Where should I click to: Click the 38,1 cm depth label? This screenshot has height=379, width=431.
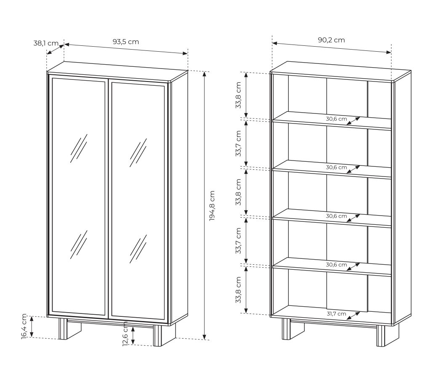click(x=46, y=43)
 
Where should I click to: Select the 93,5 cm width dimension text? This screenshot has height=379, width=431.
click(x=125, y=42)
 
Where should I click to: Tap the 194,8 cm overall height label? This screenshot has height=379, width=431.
click(x=212, y=206)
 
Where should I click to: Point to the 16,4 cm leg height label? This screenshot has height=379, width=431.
click(x=24, y=326)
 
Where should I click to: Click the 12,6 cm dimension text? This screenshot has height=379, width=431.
click(x=125, y=334)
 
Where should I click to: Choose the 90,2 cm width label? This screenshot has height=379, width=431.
click(x=331, y=40)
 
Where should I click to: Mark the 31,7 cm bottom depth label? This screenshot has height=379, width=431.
click(x=336, y=314)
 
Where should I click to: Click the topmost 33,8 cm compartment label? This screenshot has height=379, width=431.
click(x=238, y=95)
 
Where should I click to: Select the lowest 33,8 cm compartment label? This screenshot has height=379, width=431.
click(x=238, y=290)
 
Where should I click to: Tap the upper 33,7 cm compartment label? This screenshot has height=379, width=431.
click(x=238, y=144)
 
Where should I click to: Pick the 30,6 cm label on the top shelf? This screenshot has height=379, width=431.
click(x=336, y=119)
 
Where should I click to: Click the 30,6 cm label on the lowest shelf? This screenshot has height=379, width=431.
click(x=336, y=265)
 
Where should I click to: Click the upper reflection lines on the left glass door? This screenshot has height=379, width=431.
click(x=79, y=148)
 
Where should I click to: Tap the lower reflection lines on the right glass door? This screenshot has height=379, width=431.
click(x=138, y=249)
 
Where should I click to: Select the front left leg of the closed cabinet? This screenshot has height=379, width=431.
click(x=63, y=329)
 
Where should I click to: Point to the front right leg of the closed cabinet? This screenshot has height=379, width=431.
click(x=158, y=336)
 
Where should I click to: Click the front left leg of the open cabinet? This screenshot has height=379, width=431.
click(x=286, y=329)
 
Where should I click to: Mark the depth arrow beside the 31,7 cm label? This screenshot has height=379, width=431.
click(x=354, y=316)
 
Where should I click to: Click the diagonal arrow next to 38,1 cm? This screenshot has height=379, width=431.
click(x=55, y=49)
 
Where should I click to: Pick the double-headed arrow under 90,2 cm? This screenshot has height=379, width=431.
click(x=332, y=47)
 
